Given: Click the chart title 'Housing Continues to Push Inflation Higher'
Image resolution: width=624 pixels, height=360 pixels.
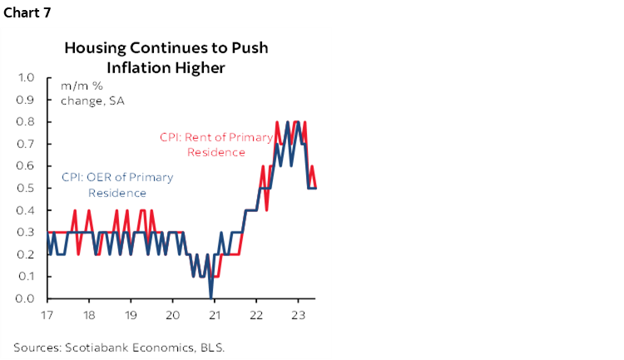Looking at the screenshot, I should pyautogui.click(x=166, y=57).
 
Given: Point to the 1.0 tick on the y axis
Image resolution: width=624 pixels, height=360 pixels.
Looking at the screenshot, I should pyautogui.click(x=25, y=77).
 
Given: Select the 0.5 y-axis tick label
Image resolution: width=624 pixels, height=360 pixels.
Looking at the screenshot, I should pyautogui.click(x=25, y=188).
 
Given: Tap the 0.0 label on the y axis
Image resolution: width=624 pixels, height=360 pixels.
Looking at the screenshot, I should pyautogui.click(x=25, y=298).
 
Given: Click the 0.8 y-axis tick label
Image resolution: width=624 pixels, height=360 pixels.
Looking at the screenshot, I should pyautogui.click(x=25, y=121).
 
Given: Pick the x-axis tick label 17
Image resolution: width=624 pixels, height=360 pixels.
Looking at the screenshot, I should pyautogui.click(x=47, y=315).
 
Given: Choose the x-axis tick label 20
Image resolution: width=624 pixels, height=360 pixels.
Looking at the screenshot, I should pyautogui.click(x=172, y=315).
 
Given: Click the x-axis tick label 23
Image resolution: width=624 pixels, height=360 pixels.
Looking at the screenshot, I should pyautogui.click(x=297, y=315).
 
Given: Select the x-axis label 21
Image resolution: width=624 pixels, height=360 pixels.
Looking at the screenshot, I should pyautogui.click(x=214, y=315).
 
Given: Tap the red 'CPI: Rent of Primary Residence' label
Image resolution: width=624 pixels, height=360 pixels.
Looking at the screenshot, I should pyautogui.click(x=215, y=145).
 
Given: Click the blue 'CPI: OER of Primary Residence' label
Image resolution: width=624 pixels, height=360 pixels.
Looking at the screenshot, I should pyautogui.click(x=117, y=185).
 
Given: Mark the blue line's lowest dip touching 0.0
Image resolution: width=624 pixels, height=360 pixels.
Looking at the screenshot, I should pyautogui.click(x=211, y=297).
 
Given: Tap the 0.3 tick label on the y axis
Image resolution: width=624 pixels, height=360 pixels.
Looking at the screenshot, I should pyautogui.click(x=25, y=232).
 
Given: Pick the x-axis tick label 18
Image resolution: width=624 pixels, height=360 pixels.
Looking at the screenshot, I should pyautogui.click(x=89, y=315).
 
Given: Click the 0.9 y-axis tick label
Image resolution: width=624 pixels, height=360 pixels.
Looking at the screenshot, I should pyautogui.click(x=25, y=100).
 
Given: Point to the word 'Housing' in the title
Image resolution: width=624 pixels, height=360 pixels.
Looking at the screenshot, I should pyautogui.click(x=92, y=47).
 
